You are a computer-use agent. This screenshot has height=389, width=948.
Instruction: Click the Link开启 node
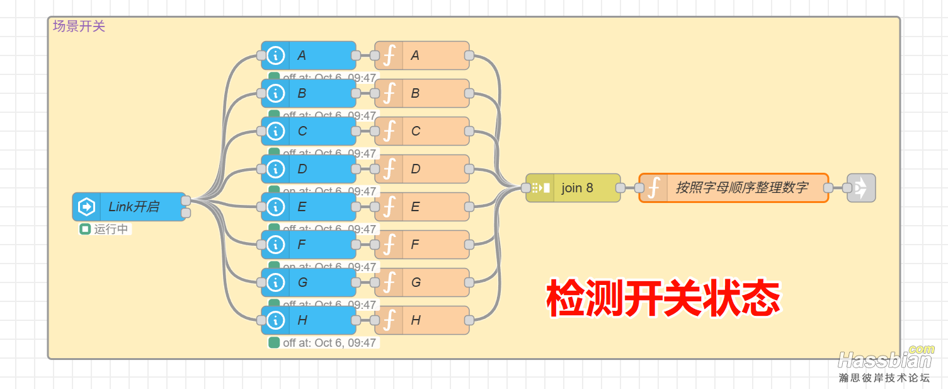coord(133,207)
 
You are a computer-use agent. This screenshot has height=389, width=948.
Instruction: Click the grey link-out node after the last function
coord(861,188)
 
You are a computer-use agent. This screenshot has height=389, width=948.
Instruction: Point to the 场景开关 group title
coord(79,26)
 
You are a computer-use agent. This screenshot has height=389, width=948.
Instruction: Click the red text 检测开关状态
coord(663,298)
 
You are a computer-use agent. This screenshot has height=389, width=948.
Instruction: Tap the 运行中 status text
coord(111,229)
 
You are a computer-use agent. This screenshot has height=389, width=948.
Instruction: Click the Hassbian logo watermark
coord(885,359)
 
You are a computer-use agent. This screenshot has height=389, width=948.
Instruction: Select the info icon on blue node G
coord(275,282)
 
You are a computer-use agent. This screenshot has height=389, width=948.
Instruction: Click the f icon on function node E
coord(389,207)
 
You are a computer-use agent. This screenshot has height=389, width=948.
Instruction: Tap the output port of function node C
coord(469,131)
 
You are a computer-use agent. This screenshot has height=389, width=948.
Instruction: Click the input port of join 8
coord(526,188)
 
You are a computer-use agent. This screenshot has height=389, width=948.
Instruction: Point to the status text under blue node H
coord(329,343)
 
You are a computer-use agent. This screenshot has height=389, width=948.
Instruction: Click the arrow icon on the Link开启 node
coord(86,207)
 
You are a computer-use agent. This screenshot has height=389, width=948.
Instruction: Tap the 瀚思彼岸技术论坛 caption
coord(884,378)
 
